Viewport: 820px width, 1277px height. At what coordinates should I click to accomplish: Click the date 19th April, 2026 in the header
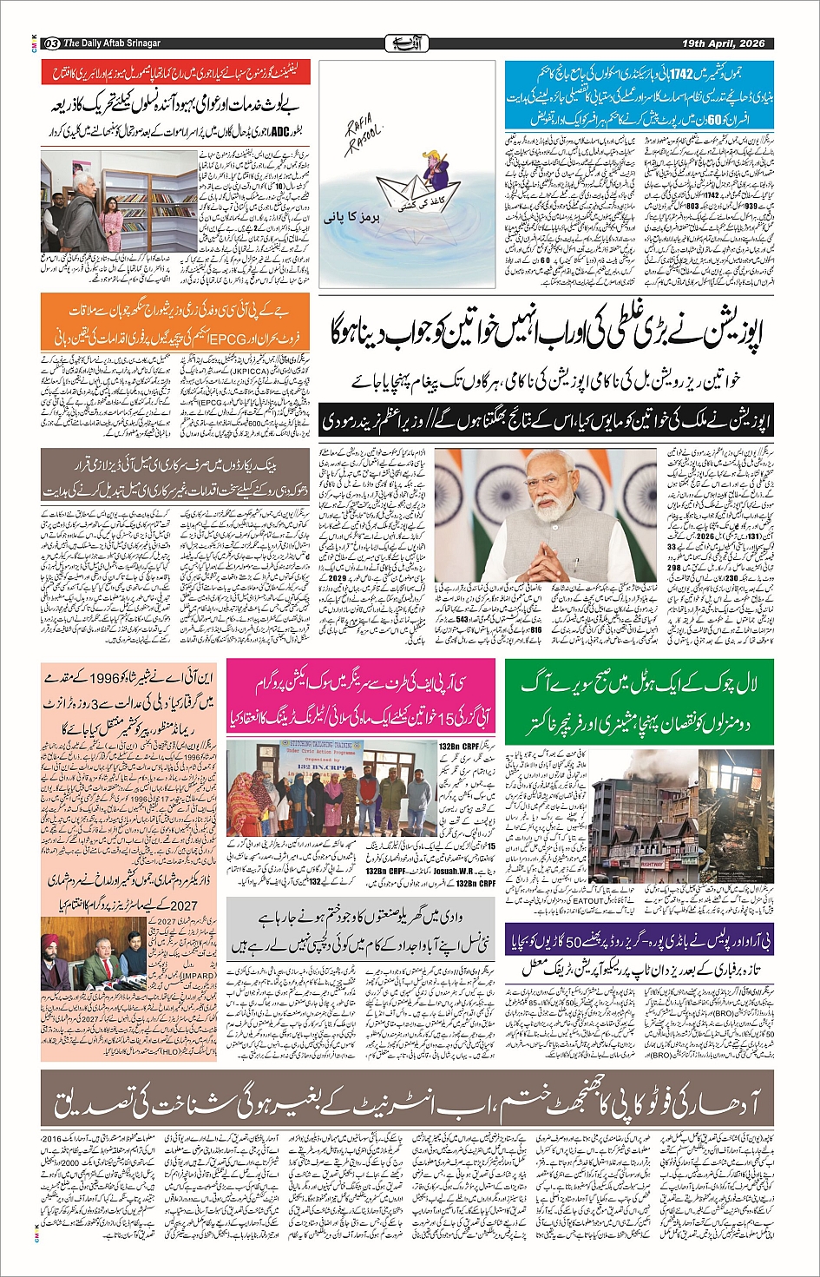click(722, 43)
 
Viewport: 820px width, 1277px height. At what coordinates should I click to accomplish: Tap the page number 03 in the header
click(50, 43)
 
